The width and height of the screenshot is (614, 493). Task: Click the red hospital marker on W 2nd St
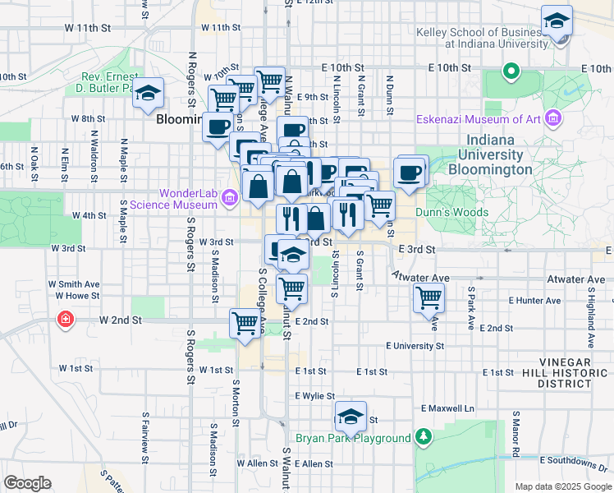pos(64,319)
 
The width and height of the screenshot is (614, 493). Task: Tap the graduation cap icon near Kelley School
pos(557,21)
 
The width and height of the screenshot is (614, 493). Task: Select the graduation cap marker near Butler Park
pos(148,94)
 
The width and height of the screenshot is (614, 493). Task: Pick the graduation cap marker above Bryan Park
pos(351,417)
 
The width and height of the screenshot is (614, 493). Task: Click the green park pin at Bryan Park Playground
pos(423,435)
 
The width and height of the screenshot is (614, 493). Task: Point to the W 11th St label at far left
pos(87,27)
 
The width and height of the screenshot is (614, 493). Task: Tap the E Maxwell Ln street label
pos(447,408)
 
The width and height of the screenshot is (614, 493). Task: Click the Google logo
pos(28,482)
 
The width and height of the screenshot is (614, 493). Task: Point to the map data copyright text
pos(562,486)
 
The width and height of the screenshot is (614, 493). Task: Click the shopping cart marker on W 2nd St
pos(245,323)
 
